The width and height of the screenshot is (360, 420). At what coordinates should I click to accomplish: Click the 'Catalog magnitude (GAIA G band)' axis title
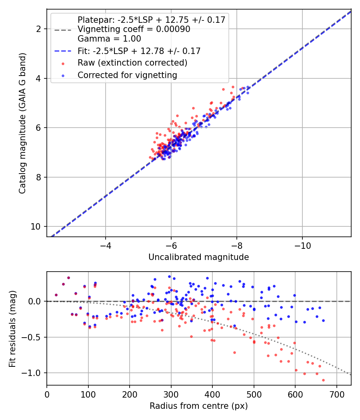click(22, 123)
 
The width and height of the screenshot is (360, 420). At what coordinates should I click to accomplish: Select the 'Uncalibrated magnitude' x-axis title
click(198, 257)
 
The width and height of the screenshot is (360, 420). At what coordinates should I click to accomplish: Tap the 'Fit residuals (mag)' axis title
click(12, 328)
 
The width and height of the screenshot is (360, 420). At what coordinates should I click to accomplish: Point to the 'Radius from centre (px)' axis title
click(198, 406)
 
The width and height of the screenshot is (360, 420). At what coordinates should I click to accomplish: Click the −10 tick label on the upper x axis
click(302, 246)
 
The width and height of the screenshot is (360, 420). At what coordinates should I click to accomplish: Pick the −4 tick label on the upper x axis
click(106, 246)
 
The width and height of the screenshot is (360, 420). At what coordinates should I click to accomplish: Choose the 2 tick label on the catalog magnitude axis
click(38, 29)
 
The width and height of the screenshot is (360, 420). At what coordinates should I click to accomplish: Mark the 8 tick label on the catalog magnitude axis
click(38, 177)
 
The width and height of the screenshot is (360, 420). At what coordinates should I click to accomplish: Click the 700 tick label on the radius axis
click(336, 394)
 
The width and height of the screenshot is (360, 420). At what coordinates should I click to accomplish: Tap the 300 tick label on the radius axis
click(171, 394)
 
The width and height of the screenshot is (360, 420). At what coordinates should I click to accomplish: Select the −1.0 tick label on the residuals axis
click(32, 373)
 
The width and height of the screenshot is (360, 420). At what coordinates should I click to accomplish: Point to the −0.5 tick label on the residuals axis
click(32, 337)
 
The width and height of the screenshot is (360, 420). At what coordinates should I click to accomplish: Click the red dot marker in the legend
click(63, 64)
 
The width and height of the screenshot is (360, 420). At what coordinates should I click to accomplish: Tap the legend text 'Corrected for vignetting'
click(128, 75)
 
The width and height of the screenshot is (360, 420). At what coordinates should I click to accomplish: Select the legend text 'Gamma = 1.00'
click(109, 39)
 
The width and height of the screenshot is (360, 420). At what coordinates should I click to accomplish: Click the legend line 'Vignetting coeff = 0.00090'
click(134, 29)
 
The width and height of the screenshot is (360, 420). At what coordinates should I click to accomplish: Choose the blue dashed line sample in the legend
click(63, 51)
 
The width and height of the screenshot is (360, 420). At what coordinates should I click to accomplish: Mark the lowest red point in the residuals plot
click(323, 380)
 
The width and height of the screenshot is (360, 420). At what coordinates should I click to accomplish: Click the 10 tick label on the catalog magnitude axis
click(36, 227)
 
